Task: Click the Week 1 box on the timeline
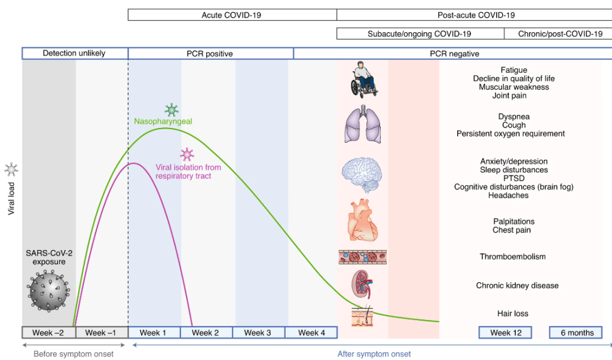(154, 333)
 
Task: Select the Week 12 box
(506, 333)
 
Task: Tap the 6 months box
(576, 333)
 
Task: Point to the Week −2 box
(48, 333)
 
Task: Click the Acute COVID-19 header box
(231, 15)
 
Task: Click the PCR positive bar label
(210, 54)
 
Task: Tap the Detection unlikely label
(74, 53)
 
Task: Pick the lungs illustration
(362, 126)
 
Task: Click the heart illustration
(362, 221)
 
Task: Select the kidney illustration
(362, 285)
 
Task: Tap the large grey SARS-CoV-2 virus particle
(48, 291)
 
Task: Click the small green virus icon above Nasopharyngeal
(172, 110)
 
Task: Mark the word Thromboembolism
(512, 257)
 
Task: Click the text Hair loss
(513, 313)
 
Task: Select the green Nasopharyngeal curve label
(163, 121)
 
